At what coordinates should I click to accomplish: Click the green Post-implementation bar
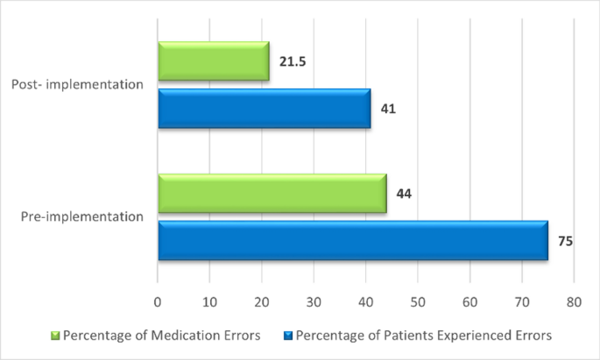(x=213, y=62)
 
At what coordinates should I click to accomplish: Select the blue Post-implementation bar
(x=264, y=109)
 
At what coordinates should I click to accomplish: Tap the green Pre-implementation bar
(x=272, y=193)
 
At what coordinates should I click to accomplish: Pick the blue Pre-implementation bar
(x=352, y=240)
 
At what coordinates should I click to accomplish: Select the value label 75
(x=565, y=240)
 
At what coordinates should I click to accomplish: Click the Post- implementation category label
(x=77, y=86)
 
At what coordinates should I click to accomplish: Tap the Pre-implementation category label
(x=81, y=216)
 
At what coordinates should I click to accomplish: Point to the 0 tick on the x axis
(x=158, y=302)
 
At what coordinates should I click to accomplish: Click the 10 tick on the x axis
(x=209, y=302)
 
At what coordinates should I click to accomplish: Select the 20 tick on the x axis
(x=262, y=302)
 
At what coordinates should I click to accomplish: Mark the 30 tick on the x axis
(x=314, y=302)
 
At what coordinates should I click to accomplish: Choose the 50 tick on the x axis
(x=418, y=302)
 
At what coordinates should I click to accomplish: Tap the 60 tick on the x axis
(x=469, y=302)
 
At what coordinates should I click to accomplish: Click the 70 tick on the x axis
(x=522, y=302)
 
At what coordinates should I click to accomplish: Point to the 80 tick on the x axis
(x=574, y=302)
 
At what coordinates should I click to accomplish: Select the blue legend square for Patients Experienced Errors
(x=288, y=335)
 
